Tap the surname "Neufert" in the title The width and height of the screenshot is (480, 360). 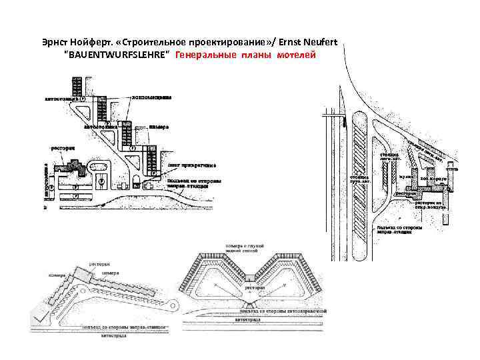tap(319, 43)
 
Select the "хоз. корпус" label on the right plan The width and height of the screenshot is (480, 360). tap(432, 179)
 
